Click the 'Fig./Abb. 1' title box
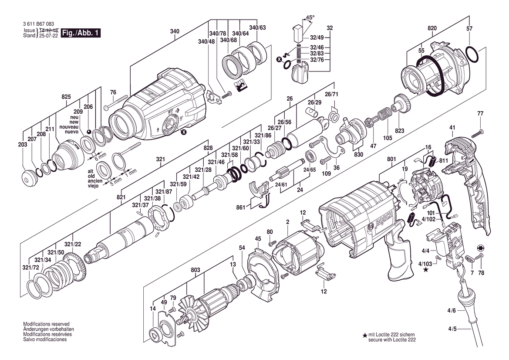pyautogui.click(x=81, y=33)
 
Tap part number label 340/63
pyautogui.click(x=257, y=27)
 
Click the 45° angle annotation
pyautogui.click(x=310, y=17)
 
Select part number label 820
pyautogui.click(x=432, y=28)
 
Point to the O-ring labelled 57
pyautogui.click(x=472, y=54)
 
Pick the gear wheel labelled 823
pyautogui.click(x=402, y=104)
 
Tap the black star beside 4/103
pyautogui.click(x=425, y=269)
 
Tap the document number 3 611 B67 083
pyautogui.click(x=39, y=24)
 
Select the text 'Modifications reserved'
pyautogui.click(x=46, y=324)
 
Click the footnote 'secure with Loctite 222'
pyautogui.click(x=392, y=340)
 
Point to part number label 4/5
pyautogui.click(x=452, y=329)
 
